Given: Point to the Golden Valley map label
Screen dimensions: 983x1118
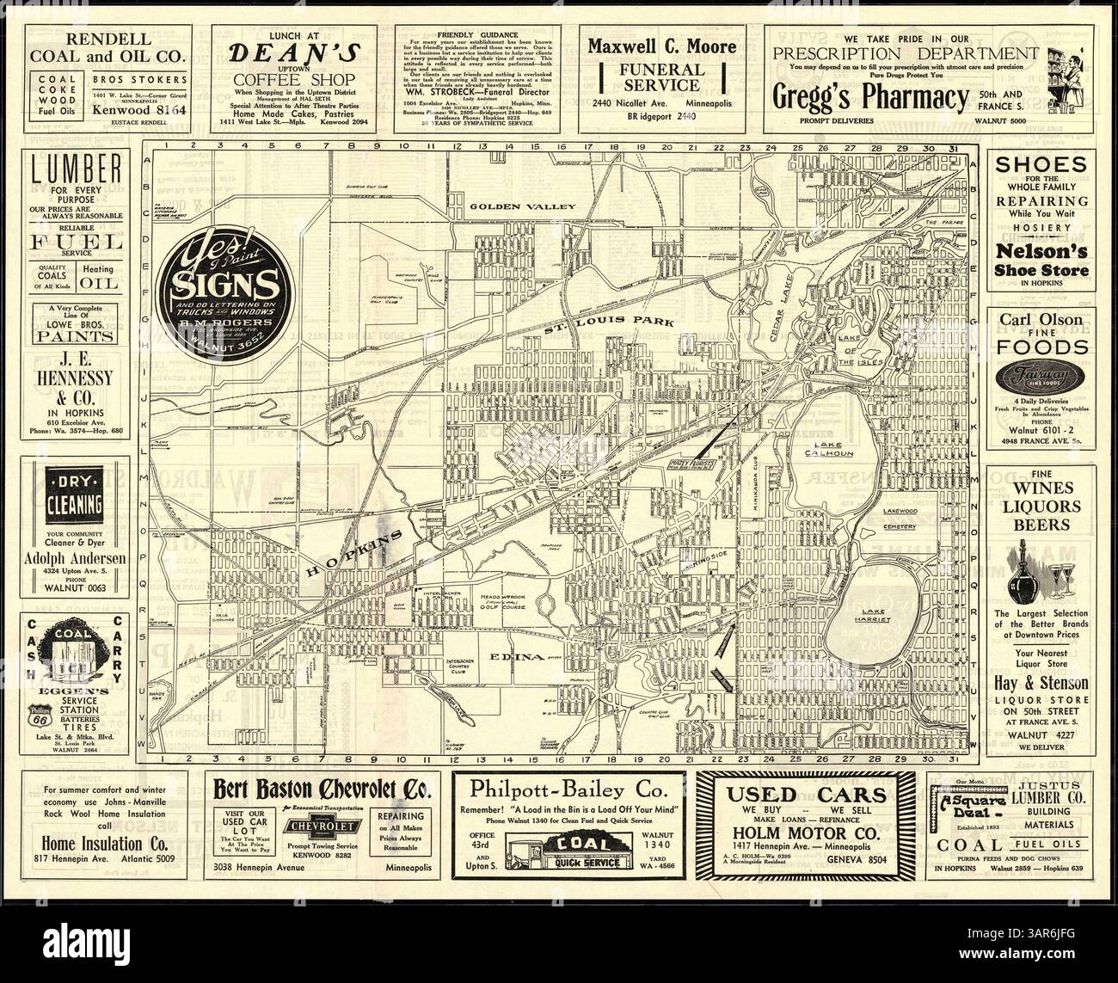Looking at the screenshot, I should point(509,207).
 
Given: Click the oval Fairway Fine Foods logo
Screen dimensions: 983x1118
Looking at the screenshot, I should point(1041,376).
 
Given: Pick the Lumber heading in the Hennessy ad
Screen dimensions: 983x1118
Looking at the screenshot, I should point(77,169).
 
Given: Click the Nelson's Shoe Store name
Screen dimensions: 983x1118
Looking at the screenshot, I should point(1041,261).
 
